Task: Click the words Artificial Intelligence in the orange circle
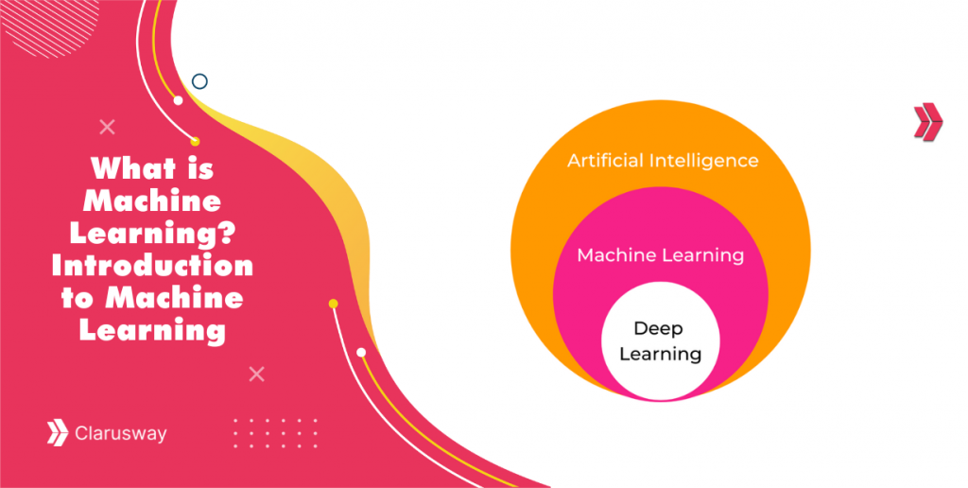[x=662, y=161]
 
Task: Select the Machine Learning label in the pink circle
[x=660, y=255]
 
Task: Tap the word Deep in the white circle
[x=658, y=328]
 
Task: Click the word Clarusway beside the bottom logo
[x=120, y=434]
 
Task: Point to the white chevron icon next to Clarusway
[x=58, y=433]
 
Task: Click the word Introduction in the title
[x=152, y=266]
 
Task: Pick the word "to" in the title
[x=88, y=299]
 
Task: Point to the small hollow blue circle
[x=199, y=81]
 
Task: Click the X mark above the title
[x=108, y=127]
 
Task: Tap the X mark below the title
[x=256, y=375]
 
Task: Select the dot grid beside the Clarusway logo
[x=275, y=432]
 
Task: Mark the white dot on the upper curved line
[x=178, y=100]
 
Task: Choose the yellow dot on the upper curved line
[x=195, y=142]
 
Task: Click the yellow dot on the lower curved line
[x=333, y=304]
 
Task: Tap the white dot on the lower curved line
[x=361, y=352]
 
